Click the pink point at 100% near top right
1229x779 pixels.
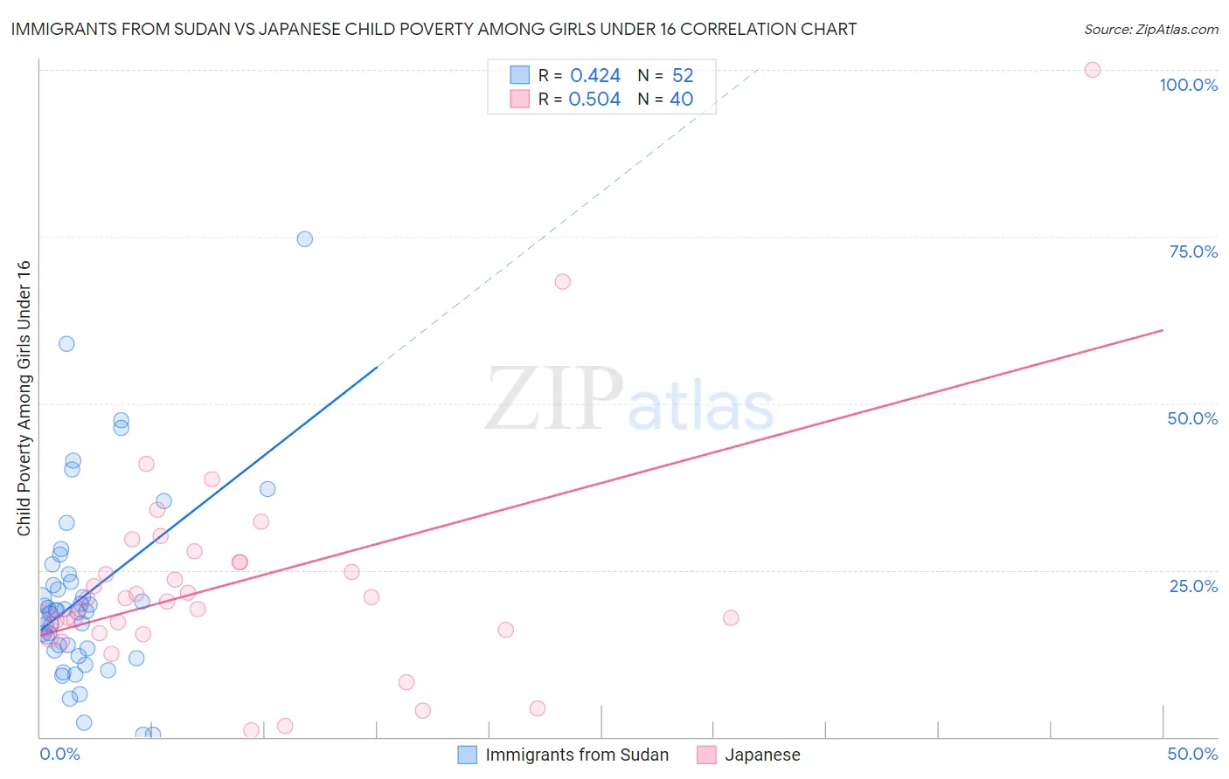point(1092,70)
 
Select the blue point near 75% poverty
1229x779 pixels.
point(304,239)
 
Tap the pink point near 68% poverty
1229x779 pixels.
point(562,281)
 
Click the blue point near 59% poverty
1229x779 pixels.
point(66,343)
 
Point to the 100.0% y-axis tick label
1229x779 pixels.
point(1188,85)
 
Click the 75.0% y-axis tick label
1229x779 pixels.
point(1193,252)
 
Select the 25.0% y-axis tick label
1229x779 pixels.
point(1193,586)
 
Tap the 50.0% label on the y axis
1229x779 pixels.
point(1192,418)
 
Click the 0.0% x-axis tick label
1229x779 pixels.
point(59,754)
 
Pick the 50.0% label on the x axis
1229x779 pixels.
point(1192,754)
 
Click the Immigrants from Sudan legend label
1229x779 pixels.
point(577,755)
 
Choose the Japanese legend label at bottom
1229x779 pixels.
point(762,755)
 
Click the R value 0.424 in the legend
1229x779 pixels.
point(595,75)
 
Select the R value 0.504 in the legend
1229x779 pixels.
point(594,99)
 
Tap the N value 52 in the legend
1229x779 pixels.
point(683,75)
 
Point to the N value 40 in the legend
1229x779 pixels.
point(681,99)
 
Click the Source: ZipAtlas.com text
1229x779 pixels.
point(1150,30)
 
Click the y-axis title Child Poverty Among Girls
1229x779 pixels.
point(24,398)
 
